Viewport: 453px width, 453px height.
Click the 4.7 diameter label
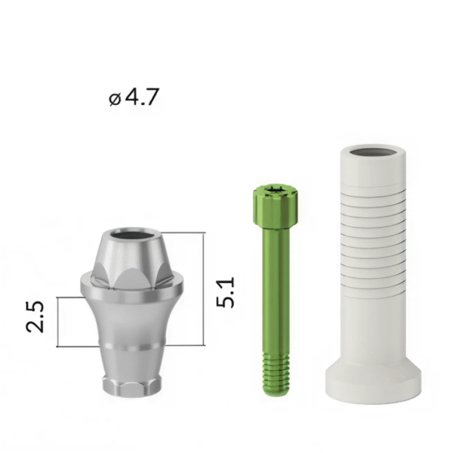tap(134, 97)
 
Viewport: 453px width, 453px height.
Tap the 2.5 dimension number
tap(35, 316)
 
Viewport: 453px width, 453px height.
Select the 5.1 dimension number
tap(225, 292)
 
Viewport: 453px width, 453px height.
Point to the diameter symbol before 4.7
tap(115, 99)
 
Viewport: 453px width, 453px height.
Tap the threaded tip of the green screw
tap(276, 374)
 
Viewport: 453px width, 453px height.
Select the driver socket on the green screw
tap(275, 190)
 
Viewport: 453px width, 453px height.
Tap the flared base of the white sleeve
tap(373, 382)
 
